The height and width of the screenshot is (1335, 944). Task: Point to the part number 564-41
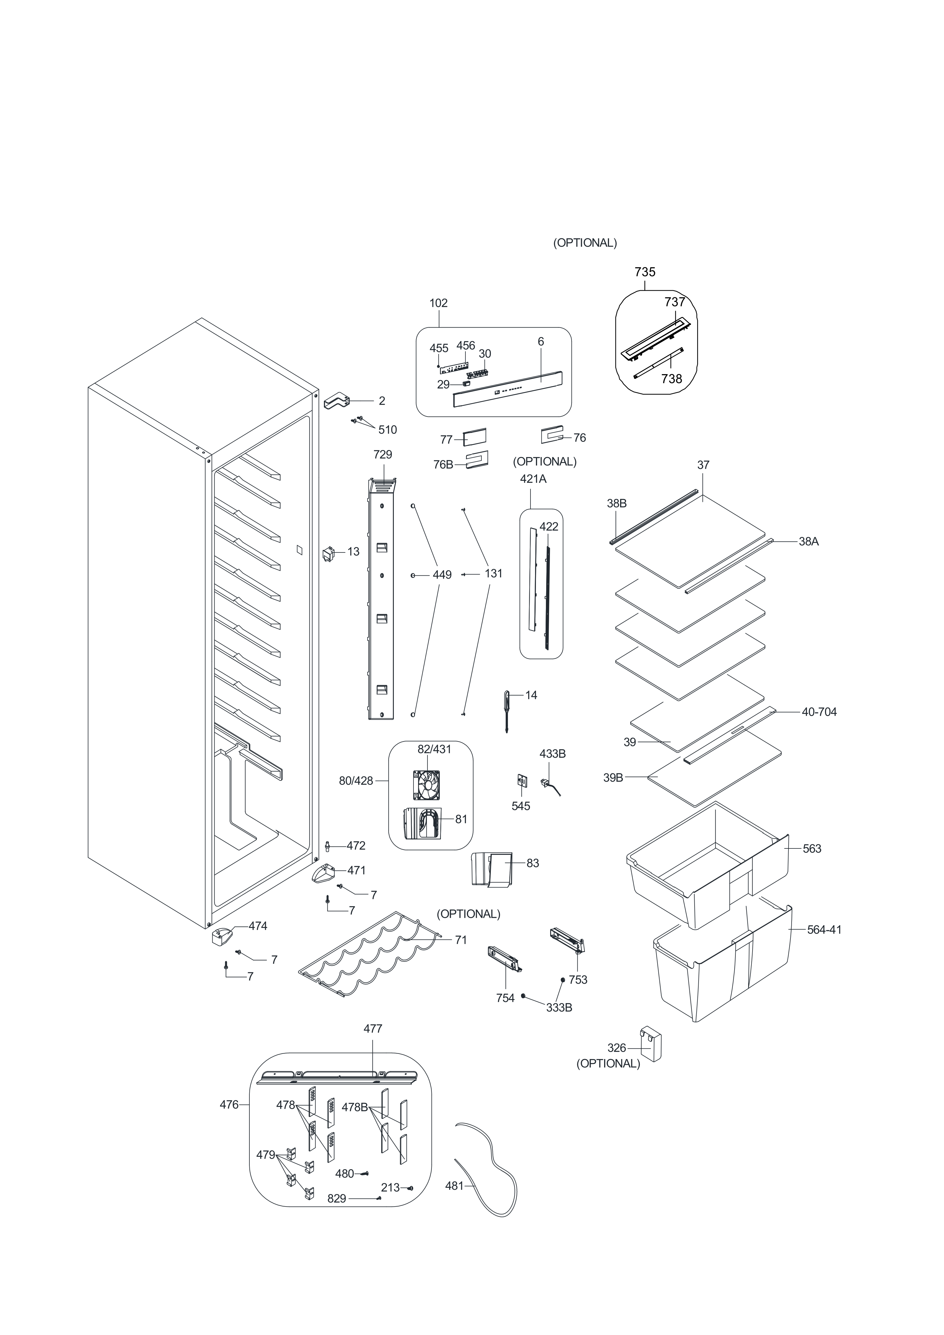[824, 930]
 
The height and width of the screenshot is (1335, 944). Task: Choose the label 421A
[533, 479]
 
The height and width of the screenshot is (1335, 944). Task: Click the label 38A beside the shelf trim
[808, 541]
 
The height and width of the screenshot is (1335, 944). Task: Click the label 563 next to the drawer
[812, 849]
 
